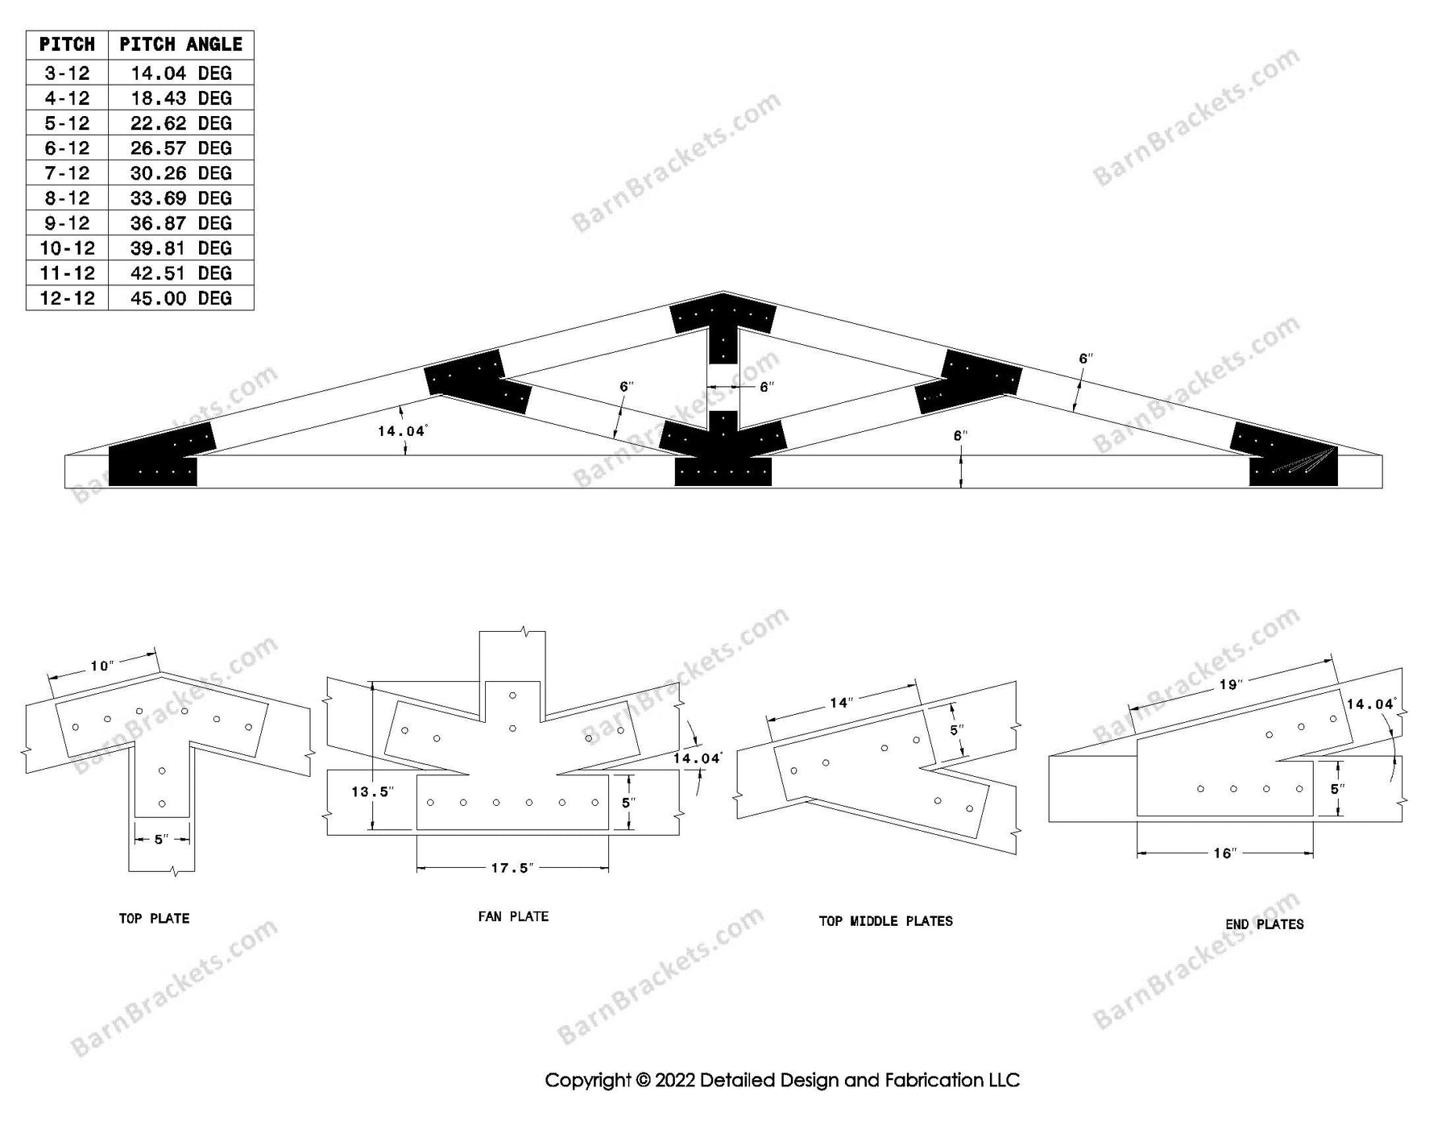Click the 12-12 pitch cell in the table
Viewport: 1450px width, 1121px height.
pos(67,298)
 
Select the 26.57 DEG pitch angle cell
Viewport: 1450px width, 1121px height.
pos(180,148)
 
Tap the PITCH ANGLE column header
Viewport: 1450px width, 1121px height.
pos(180,44)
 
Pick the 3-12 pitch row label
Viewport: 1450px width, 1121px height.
pos(67,73)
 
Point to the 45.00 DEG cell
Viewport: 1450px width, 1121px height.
pos(180,298)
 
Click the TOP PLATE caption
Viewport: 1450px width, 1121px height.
pos(154,918)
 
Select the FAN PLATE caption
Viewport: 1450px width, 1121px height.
pos(513,916)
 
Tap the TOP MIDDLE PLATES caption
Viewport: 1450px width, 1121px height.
pos(885,921)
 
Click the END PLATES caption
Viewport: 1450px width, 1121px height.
pos(1264,924)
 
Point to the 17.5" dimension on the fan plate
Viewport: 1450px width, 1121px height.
pos(512,868)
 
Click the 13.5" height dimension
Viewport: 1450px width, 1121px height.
pos(371,792)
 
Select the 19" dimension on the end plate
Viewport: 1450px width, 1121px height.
pos(1230,684)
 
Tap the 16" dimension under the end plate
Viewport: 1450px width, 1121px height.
pos(1224,853)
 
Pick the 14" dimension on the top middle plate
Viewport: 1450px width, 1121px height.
pos(841,703)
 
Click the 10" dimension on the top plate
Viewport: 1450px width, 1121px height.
pos(101,666)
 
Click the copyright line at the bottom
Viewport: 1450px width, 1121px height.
pos(781,1080)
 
